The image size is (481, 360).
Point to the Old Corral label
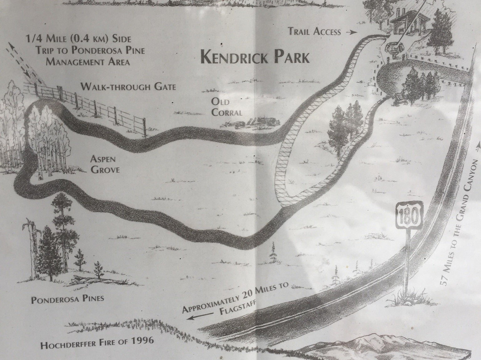click(227, 107)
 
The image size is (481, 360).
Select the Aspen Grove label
click(105, 164)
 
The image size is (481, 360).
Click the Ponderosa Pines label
click(68, 299)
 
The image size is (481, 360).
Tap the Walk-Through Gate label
click(129, 86)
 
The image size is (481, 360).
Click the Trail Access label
click(314, 32)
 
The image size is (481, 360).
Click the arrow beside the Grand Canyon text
click(476, 145)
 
